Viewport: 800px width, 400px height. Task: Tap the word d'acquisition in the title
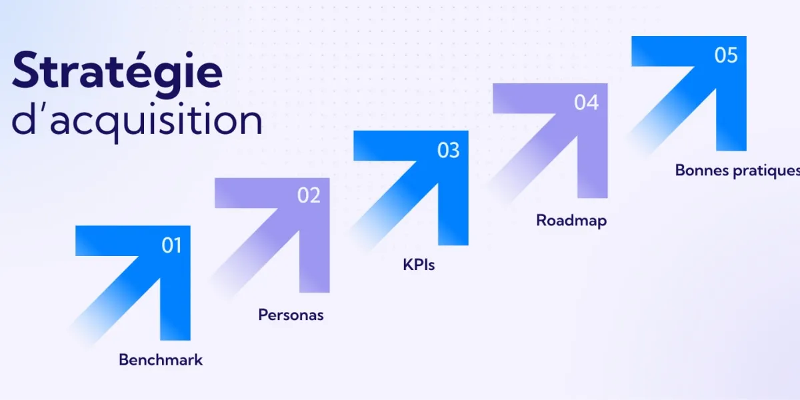[x=137, y=121]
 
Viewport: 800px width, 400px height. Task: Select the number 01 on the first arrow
[x=171, y=245]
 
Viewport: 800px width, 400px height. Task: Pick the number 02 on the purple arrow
[x=309, y=195]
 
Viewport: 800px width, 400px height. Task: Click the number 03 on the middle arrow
[x=448, y=151]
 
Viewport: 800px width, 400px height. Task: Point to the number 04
[x=587, y=103]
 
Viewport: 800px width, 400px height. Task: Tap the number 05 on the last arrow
[x=726, y=55]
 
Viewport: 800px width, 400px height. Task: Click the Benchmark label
[x=161, y=360]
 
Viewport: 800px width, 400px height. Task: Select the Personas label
[x=291, y=315]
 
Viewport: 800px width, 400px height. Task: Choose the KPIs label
[x=419, y=265]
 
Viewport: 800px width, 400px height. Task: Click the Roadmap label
[x=571, y=220]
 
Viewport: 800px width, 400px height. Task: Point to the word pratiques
[x=767, y=171]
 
